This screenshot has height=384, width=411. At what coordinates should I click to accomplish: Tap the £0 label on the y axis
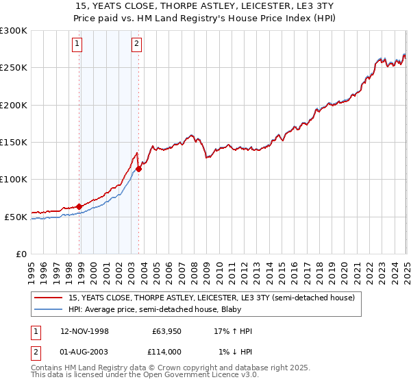[x=21, y=254]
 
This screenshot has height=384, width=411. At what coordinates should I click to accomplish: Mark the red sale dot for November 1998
[x=79, y=206]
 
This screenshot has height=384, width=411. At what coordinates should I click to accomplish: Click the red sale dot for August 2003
[x=138, y=169]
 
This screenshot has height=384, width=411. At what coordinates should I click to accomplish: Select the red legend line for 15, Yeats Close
[x=48, y=298]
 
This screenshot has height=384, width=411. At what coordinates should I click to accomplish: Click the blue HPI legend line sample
[x=48, y=310]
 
